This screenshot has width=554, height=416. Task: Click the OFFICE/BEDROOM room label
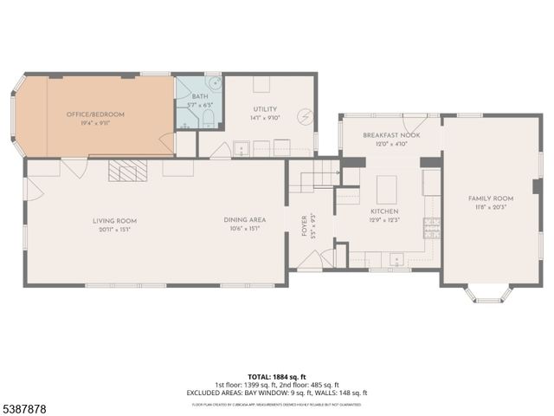(x=96, y=114)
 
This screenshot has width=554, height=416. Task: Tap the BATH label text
(x=200, y=96)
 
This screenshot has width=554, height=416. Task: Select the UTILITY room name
(x=265, y=85)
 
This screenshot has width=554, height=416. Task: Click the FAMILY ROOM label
(x=491, y=198)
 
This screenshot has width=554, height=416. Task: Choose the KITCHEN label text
(x=383, y=211)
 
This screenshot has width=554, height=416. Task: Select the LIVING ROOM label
(x=115, y=220)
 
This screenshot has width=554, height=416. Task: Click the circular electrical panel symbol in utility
(x=305, y=115)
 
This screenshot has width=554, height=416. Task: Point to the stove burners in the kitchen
(x=429, y=227)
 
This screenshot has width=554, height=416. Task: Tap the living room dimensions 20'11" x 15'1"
(x=115, y=230)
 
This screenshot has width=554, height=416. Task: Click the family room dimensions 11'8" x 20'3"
(x=491, y=207)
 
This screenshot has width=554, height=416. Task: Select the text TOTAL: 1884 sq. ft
(x=277, y=377)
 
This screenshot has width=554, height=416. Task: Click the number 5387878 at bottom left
(x=24, y=406)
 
